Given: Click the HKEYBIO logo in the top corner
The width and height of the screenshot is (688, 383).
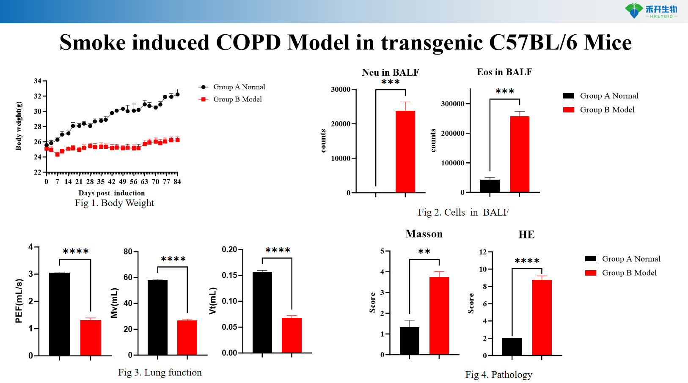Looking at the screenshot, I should (x=652, y=11).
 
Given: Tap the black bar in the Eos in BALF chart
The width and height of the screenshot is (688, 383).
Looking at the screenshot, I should (x=490, y=186).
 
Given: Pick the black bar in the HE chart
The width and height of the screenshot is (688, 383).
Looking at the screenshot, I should (x=512, y=347).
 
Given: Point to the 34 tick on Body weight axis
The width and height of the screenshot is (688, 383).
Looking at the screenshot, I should (x=38, y=81).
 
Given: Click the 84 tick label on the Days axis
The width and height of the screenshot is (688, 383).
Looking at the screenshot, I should (x=177, y=182).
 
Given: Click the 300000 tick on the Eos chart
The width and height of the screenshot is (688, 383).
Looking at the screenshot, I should (x=453, y=104).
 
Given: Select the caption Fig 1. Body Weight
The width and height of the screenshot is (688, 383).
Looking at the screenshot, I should (x=114, y=203).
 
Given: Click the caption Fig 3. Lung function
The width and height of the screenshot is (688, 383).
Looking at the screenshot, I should (x=160, y=372).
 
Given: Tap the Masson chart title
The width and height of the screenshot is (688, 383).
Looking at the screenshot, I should (x=424, y=234).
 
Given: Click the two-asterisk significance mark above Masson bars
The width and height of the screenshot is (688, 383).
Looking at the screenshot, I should (x=424, y=252).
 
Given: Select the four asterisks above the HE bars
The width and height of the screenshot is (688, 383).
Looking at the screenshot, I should (x=527, y=261).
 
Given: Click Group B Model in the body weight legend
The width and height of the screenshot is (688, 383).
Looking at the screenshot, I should (x=237, y=99).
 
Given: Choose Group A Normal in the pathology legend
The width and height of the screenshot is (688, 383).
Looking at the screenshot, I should (x=630, y=259).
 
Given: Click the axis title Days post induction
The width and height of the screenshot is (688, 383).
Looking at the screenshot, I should (x=111, y=193).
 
